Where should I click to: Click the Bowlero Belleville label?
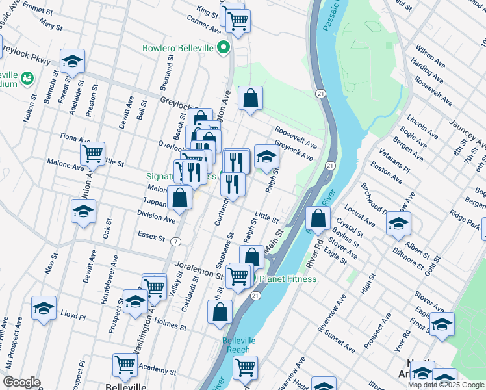point(179,48)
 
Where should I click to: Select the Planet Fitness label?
point(288,279)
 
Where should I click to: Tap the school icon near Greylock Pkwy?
point(72,61)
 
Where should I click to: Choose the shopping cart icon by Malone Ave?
point(92,153)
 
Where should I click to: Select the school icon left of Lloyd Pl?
point(44,307)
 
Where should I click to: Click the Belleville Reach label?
point(239,345)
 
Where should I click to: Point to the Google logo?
point(21,382)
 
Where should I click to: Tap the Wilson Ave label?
point(429,54)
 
